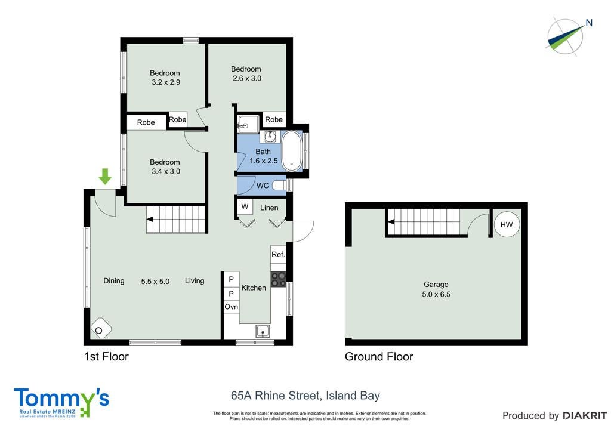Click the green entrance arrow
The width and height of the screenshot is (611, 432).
pyautogui.click(x=105, y=177)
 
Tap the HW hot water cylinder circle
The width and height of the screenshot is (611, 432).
pyautogui.click(x=507, y=225)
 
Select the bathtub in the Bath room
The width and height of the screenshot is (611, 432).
pyautogui.click(x=291, y=151)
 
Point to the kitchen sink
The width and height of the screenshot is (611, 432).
pyautogui.click(x=263, y=331)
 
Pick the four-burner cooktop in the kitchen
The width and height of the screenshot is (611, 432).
pyautogui.click(x=278, y=279)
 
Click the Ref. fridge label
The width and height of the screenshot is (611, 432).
pyautogui.click(x=278, y=254)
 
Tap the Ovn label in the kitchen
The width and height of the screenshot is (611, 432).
pyautogui.click(x=231, y=307)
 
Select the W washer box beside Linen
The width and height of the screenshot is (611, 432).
pyautogui.click(x=245, y=206)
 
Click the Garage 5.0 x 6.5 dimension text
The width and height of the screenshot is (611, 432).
pyautogui.click(x=436, y=295)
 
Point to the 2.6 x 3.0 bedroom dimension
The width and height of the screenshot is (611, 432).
pyautogui.click(x=247, y=78)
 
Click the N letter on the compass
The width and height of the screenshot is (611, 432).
pyautogui.click(x=589, y=23)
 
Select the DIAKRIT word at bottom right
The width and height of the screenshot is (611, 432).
pyautogui.click(x=584, y=416)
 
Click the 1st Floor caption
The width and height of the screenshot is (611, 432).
pyautogui.click(x=106, y=356)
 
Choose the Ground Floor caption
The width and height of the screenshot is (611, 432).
pyautogui.click(x=379, y=356)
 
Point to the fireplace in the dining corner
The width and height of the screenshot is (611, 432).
pyautogui.click(x=100, y=328)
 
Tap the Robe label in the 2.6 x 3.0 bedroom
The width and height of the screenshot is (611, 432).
pyautogui.click(x=273, y=119)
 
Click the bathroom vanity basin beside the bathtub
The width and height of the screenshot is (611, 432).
pyautogui.click(x=270, y=136)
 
